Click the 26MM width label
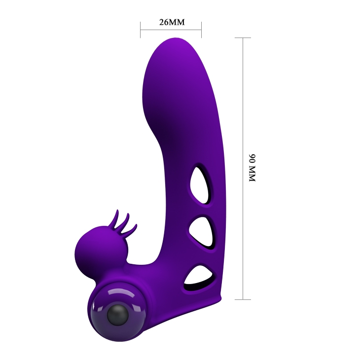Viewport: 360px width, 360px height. [x=171, y=22]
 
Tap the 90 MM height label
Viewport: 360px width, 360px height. [x=252, y=168]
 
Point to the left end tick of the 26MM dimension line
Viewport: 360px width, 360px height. [x=141, y=30]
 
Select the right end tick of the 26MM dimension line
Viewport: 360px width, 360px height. [x=201, y=30]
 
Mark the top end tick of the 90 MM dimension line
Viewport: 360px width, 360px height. [x=243, y=38]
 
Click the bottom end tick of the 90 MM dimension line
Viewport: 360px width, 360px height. [x=243, y=299]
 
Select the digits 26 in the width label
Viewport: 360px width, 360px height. [x=164, y=22]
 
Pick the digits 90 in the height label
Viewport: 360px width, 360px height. [x=252, y=159]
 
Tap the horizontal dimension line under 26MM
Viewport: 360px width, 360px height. [x=171, y=30]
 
